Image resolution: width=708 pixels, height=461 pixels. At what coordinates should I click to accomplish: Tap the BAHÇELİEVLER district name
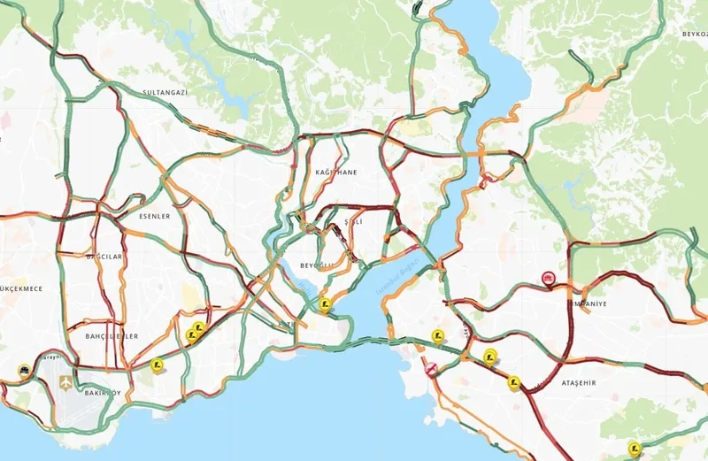tap(112, 336)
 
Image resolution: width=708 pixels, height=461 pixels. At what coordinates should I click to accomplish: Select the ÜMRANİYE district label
tap(586, 302)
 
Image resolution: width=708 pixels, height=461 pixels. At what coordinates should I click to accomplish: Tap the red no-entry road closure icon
tap(431, 369)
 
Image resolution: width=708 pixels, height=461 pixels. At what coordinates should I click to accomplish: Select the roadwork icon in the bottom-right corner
tap(633, 447)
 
